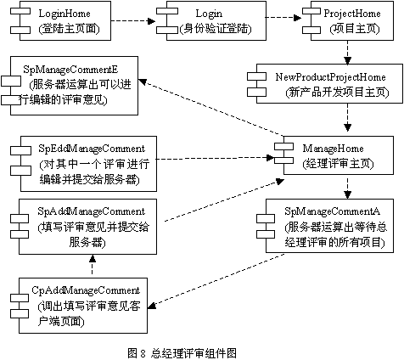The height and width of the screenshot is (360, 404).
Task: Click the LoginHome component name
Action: point(65,14)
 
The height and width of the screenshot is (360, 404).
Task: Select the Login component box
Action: point(216,20)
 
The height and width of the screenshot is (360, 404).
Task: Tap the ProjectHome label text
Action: point(352,14)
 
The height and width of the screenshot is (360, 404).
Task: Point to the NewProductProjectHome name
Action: point(330,77)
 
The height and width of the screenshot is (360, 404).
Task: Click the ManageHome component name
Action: point(333,149)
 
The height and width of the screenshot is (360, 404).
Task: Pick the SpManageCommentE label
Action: point(70,70)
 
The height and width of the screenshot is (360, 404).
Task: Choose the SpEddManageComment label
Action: point(92,149)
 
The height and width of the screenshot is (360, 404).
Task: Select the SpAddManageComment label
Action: point(92,211)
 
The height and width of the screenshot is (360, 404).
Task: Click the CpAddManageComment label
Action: point(86,290)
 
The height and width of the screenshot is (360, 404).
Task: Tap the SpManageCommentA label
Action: point(332,211)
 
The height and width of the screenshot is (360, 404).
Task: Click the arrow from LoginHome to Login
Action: point(133,20)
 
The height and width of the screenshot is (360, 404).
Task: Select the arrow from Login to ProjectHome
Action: point(283,18)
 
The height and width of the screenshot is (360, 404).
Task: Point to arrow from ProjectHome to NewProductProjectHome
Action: point(347,53)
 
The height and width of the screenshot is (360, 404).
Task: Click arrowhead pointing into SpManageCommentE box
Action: point(142,82)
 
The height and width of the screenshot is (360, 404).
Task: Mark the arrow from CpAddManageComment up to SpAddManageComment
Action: point(93,266)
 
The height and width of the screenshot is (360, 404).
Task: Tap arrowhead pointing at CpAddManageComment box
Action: point(152,306)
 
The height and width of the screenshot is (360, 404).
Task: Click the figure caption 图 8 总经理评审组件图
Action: point(182,353)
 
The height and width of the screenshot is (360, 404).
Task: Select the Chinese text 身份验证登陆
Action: point(216,29)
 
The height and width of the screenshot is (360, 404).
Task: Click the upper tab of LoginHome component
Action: point(20,11)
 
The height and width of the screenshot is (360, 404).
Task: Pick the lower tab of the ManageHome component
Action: point(283,160)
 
